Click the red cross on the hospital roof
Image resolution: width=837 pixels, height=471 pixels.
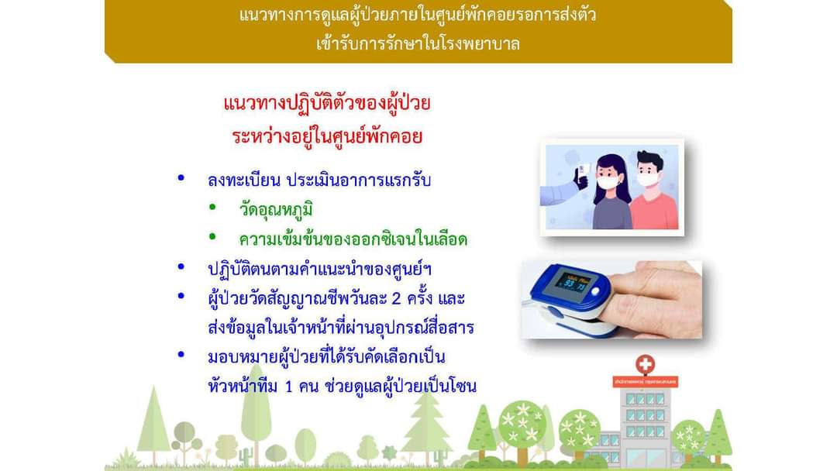(x=645, y=365)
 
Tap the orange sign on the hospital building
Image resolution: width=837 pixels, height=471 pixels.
(x=646, y=382)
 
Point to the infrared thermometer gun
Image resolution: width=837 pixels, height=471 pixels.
(x=581, y=177)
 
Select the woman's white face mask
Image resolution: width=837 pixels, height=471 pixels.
(x=608, y=182)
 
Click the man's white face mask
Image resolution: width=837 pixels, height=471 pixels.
(x=648, y=178)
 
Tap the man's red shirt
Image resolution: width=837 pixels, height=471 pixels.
(x=654, y=211)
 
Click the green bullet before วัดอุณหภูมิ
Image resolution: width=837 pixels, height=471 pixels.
(x=212, y=207)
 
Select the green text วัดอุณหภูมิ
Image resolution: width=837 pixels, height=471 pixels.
(x=275, y=209)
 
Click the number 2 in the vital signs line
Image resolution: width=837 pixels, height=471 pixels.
(x=395, y=298)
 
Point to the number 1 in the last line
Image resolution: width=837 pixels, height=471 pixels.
(x=289, y=387)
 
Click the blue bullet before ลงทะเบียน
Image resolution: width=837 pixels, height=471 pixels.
(x=181, y=177)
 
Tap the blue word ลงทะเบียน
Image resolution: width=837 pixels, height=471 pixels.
(x=244, y=180)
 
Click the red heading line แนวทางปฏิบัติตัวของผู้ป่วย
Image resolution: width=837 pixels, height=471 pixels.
(x=327, y=103)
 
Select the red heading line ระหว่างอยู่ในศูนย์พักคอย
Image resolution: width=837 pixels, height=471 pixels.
(x=327, y=136)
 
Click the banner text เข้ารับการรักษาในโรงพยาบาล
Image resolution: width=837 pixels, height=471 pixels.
(x=418, y=43)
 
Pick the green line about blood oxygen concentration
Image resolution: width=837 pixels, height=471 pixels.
(x=353, y=239)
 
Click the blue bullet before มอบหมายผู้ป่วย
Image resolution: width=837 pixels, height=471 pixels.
(x=181, y=354)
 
